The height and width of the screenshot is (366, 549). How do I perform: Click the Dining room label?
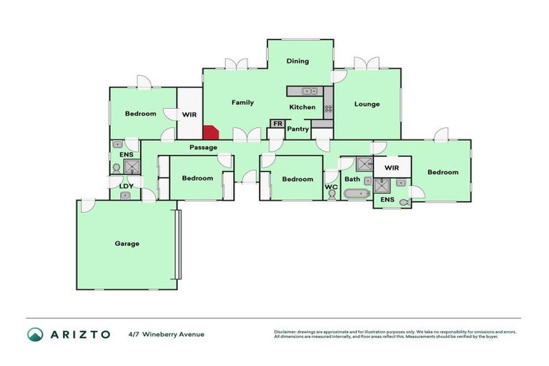click(x=297, y=61)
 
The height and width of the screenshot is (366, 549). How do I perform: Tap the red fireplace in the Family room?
click(x=211, y=133)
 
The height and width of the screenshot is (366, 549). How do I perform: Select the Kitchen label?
click(x=302, y=107)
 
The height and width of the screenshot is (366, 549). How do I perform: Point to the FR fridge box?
click(x=277, y=124)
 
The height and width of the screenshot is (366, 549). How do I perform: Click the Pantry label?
click(x=297, y=129)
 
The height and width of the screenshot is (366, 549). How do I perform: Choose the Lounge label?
click(x=367, y=104)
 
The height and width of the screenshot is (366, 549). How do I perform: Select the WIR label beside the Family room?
click(x=189, y=114)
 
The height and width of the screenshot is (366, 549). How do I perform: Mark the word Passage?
click(x=203, y=147)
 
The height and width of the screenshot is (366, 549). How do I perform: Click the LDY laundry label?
click(x=127, y=186)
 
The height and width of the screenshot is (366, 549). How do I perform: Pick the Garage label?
click(x=127, y=243)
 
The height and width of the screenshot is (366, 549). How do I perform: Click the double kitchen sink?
click(x=310, y=91)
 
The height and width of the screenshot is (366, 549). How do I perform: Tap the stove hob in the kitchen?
click(x=328, y=109)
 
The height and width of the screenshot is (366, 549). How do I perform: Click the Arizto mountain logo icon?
click(x=35, y=334)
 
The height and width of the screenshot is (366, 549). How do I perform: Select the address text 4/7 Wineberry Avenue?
click(x=167, y=334)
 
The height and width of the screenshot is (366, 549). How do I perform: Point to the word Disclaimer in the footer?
click(x=289, y=332)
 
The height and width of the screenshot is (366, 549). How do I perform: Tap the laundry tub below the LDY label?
click(x=126, y=194)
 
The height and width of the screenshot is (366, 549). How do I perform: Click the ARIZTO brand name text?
click(x=79, y=334)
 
